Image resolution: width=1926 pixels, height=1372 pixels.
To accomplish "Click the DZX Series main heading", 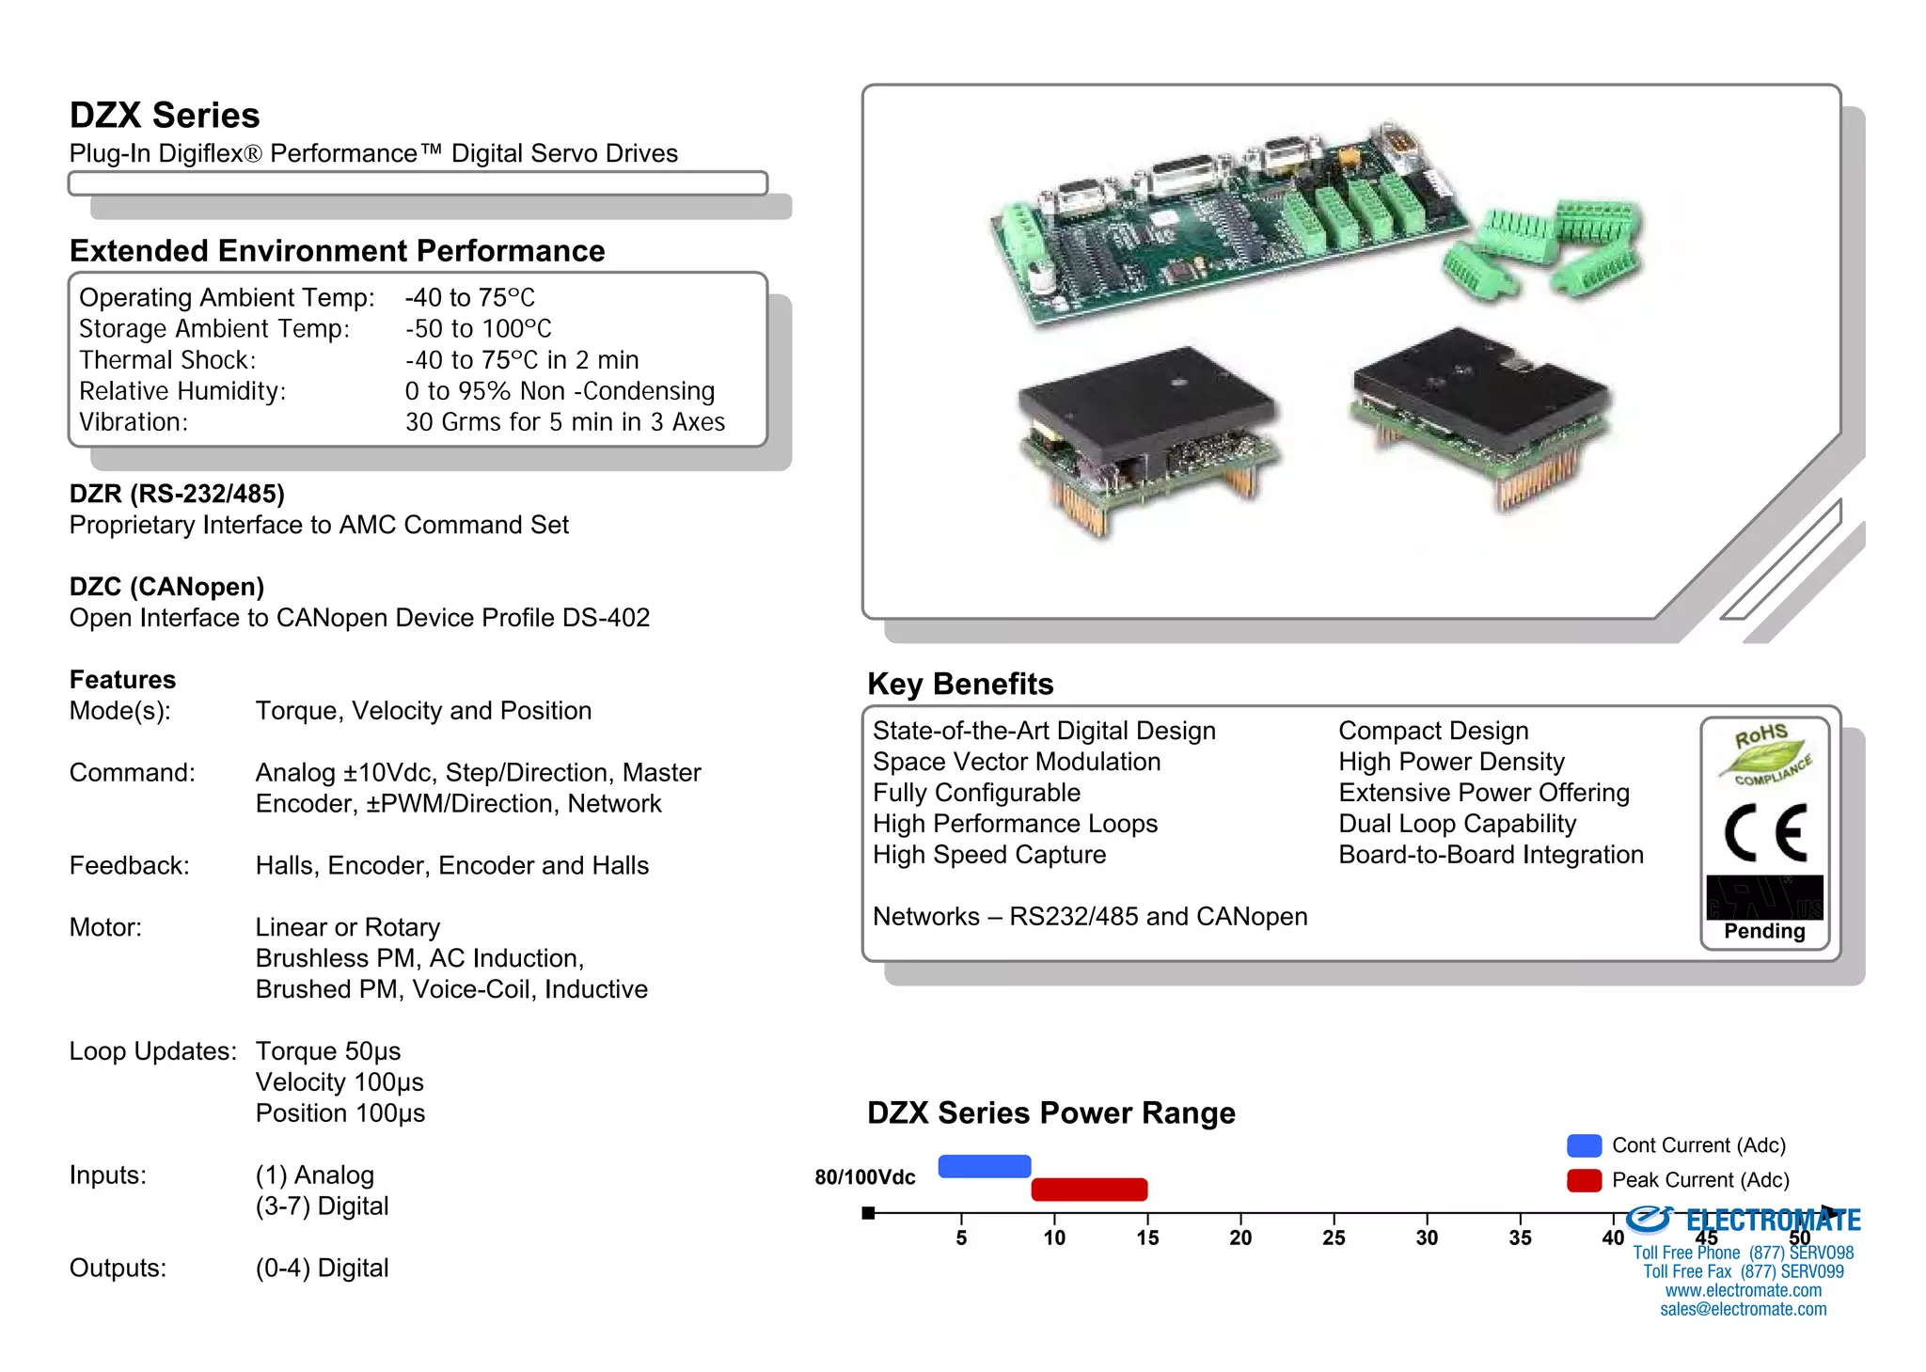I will pos(165,116).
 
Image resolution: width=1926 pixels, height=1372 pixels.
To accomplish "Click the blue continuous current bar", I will pos(984,1166).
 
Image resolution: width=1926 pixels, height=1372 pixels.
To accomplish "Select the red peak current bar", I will pos(1089,1190).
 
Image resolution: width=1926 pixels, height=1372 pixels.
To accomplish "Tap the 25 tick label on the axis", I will pos(1334,1238).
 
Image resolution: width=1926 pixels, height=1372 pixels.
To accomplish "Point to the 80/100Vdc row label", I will pos(864,1177).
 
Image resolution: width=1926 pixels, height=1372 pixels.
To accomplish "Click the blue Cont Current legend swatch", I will pos(1584,1145).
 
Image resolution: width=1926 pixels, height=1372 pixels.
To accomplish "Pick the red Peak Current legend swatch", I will pos(1584,1180).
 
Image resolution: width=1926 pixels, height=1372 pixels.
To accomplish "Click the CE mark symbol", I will pos(1765,833).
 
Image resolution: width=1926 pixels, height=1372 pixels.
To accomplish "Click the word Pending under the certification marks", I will pos(1764,931).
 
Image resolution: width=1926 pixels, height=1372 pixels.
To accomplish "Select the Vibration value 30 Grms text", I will pos(564,422).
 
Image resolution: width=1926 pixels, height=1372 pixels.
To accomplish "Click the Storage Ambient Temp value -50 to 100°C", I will pos(478,329).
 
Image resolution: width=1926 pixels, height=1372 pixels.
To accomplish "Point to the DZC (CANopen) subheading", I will pos(166,587).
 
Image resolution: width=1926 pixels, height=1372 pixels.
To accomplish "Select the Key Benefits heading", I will pos(959,684).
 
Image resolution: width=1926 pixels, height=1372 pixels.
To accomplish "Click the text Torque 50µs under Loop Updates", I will pos(327,1051).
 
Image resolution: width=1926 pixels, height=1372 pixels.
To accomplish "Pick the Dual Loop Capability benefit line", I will pos(1457,824).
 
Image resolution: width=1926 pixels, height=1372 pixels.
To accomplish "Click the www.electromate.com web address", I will pos(1743,1290).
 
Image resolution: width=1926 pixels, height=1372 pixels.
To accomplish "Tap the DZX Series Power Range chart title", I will pos(1050,1112).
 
